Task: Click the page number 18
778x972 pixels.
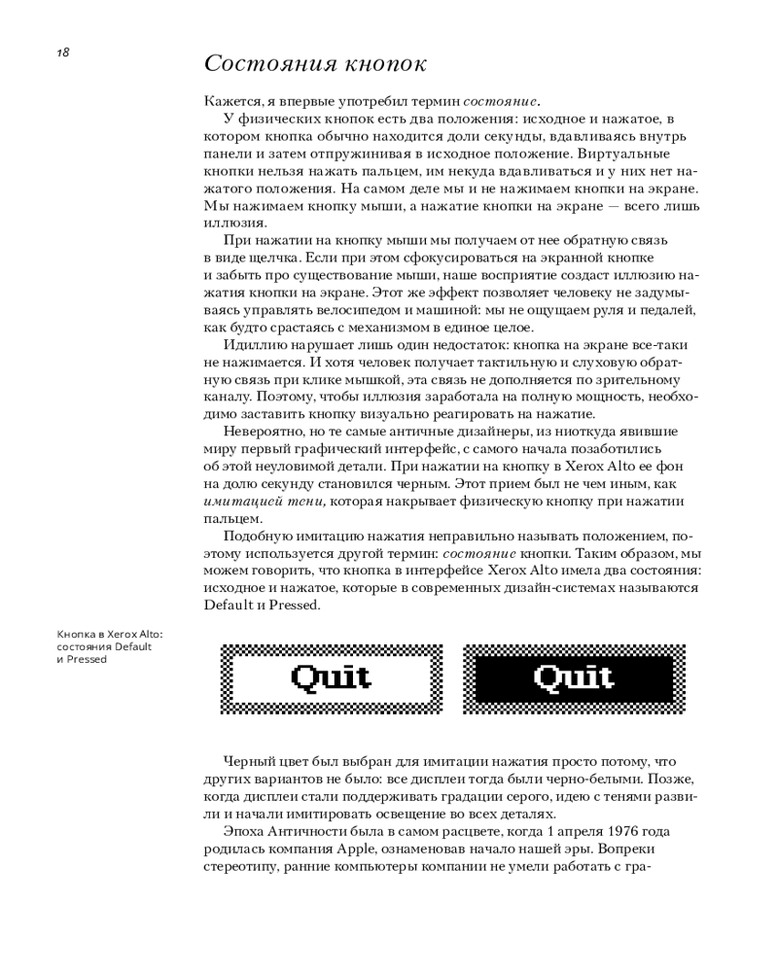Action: [x=62, y=52]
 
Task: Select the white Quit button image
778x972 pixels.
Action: [x=332, y=679]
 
